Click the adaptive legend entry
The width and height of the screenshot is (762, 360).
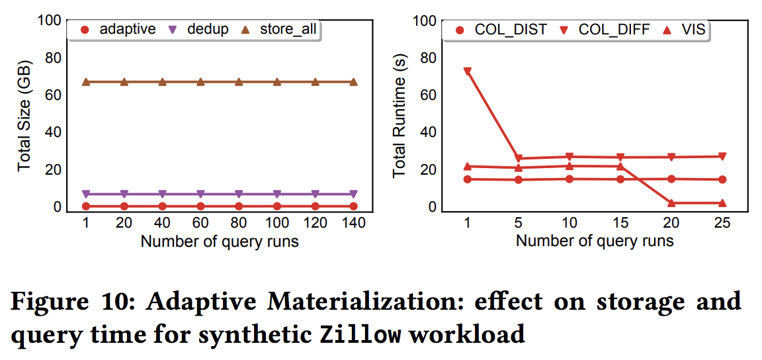tap(120, 29)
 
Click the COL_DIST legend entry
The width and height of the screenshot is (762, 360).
tap(500, 30)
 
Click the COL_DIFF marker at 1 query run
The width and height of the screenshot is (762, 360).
tap(468, 71)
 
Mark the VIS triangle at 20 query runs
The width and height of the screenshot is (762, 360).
tap(671, 203)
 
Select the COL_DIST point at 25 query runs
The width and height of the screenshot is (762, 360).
tap(722, 179)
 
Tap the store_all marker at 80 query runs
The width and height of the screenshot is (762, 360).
tap(239, 82)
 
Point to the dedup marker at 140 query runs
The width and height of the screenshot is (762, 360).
tap(353, 194)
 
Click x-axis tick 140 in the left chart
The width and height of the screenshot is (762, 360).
tap(353, 223)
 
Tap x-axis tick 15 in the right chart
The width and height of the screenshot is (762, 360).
tap(620, 223)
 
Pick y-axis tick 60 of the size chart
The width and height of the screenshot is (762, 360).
tap(53, 95)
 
